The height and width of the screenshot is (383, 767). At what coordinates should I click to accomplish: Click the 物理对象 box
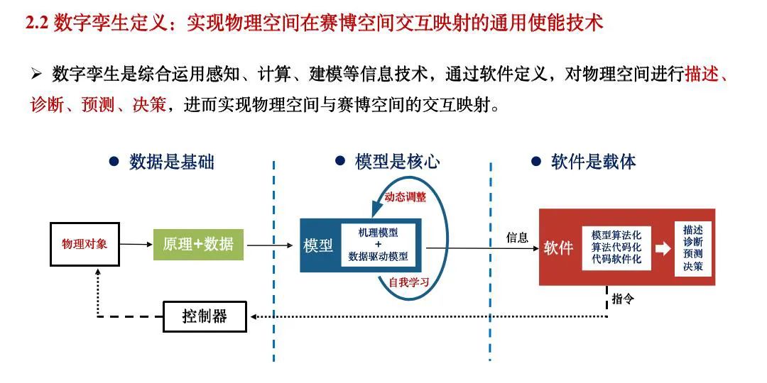(x=85, y=244)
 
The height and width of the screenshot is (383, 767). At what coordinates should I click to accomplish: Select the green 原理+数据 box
(x=198, y=245)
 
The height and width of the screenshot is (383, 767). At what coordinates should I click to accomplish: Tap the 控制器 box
(x=205, y=316)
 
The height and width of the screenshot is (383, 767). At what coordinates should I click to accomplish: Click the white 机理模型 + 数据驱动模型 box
(x=378, y=245)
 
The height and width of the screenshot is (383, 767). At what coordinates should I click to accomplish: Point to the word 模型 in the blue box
(x=318, y=246)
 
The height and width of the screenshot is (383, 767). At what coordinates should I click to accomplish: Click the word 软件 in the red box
(x=558, y=248)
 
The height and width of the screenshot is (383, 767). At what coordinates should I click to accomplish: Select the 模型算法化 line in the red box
(x=616, y=235)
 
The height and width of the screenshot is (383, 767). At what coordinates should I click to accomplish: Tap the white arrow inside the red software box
(x=662, y=248)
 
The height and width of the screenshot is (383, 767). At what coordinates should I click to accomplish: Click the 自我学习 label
(x=408, y=281)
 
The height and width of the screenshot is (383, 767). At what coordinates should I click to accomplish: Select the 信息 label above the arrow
(x=517, y=238)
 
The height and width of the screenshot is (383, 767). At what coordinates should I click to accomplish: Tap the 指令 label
(x=623, y=299)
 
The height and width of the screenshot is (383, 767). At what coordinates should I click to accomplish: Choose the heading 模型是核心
(x=397, y=162)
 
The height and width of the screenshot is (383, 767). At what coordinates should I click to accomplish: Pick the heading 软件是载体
(x=593, y=162)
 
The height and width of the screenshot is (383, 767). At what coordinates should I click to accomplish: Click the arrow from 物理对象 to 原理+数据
(x=136, y=245)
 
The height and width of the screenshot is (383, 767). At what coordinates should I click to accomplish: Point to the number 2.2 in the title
(x=37, y=23)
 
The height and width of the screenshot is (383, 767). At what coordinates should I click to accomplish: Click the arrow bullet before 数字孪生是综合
(x=37, y=74)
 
